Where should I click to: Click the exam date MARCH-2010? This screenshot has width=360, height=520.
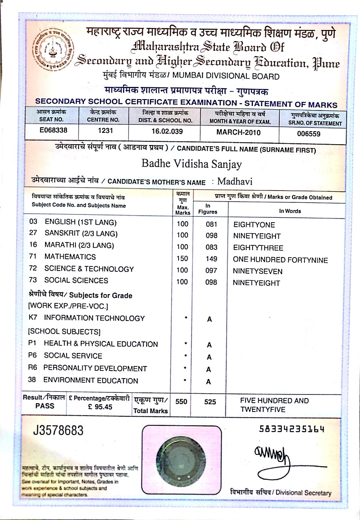pyautogui.click(x=238, y=132)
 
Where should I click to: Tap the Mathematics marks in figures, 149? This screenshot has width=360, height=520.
pyautogui.click(x=211, y=259)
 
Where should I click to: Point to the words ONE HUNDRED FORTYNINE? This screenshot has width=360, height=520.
pyautogui.click(x=280, y=260)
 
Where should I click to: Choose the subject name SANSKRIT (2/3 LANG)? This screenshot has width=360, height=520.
pyautogui.click(x=81, y=234)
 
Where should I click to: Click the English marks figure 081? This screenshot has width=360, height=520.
pyautogui.click(x=211, y=224)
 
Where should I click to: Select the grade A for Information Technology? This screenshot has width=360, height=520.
pyautogui.click(x=209, y=320)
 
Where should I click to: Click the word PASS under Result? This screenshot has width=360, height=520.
pyautogui.click(x=44, y=406)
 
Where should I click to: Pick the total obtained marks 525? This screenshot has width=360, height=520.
pyautogui.click(x=210, y=402)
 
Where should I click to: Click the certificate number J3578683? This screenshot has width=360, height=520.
pyautogui.click(x=58, y=430)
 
